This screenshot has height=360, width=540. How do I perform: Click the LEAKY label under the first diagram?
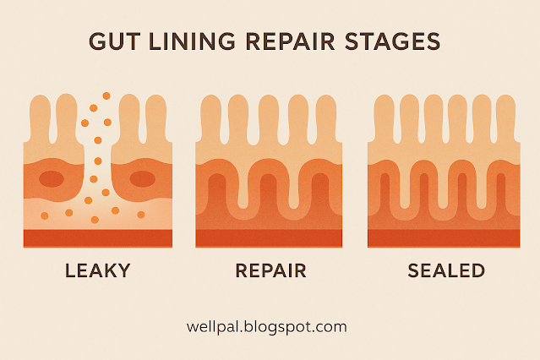[98, 271]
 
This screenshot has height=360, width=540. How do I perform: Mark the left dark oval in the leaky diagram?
[52, 179]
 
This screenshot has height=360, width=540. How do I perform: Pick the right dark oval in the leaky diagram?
[142, 179]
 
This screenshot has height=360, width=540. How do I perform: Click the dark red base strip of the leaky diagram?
[98, 238]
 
